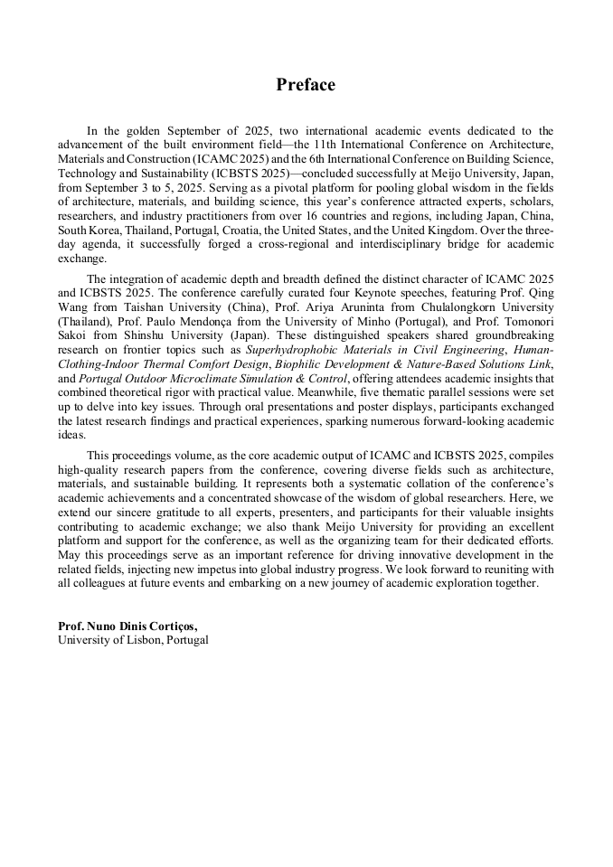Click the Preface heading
[x=306, y=85]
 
